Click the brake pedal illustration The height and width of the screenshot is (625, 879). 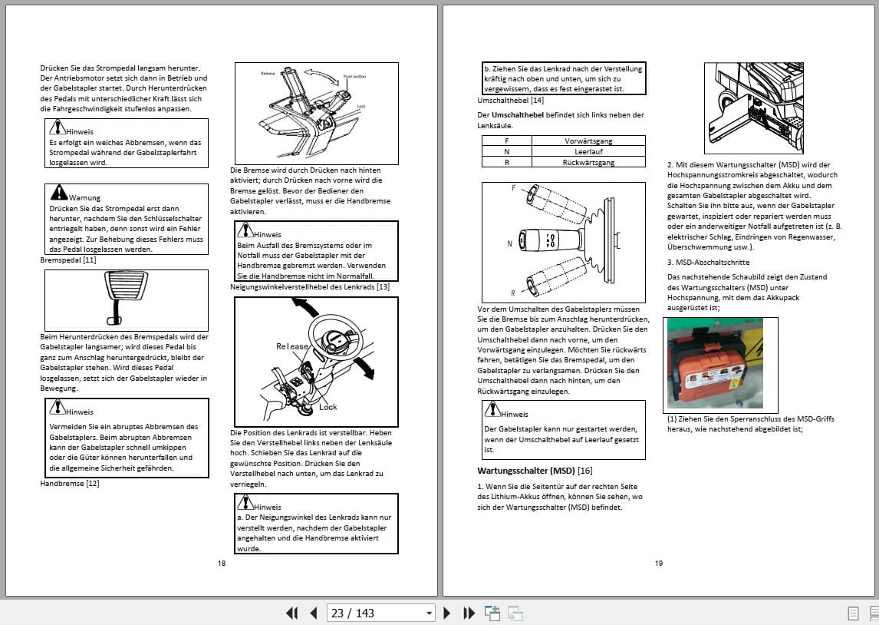pos(125,299)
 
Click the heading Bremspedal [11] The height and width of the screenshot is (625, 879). pos(67,260)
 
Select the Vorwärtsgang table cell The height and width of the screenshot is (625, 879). pos(588,141)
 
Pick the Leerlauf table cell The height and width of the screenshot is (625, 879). pos(588,151)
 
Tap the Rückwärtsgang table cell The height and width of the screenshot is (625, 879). pos(588,162)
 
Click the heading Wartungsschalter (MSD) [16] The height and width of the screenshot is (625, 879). pos(535,470)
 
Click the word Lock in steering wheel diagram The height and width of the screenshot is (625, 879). pos(328,407)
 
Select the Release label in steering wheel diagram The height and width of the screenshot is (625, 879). pos(291,346)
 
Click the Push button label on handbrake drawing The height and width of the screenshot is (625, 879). pos(354,77)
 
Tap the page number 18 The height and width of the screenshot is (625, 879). pos(222,564)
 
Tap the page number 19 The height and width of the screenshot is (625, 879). pos(659,564)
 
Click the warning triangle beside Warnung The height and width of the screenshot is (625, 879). pos(58,193)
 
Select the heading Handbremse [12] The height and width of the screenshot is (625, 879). pos(69,483)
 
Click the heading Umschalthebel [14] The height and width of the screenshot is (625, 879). pos(510,100)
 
